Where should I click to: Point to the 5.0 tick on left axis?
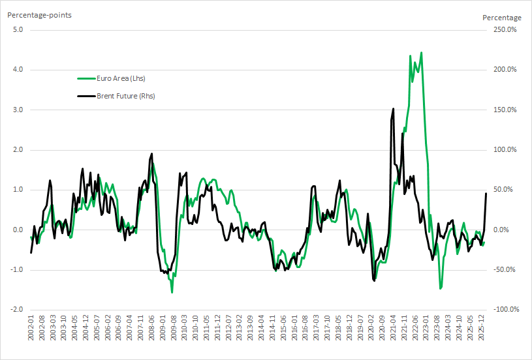18,29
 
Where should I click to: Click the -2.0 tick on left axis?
16,310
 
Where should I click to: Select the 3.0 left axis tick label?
18,110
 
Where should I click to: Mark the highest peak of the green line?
422,53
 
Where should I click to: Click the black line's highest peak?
393,109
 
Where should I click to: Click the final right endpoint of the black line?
486,193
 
